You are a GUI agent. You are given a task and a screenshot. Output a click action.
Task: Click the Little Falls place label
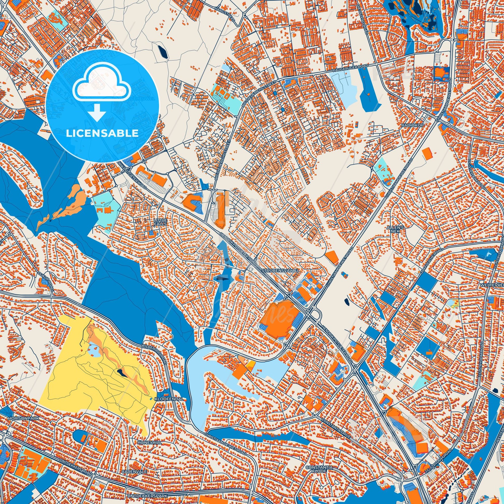(x=160, y=222)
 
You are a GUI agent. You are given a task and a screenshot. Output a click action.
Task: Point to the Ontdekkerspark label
(x=148, y=495)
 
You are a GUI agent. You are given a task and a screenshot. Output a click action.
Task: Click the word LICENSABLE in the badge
(x=102, y=133)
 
